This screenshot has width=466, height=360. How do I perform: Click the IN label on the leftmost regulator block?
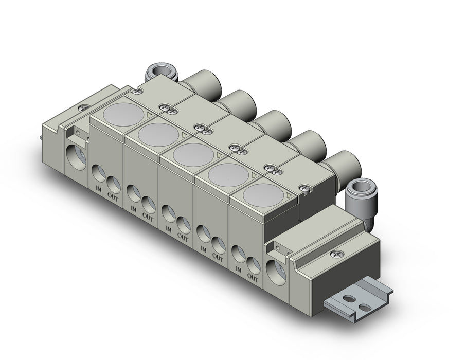(x=99, y=188)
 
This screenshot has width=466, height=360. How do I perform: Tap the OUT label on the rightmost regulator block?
(x=253, y=278)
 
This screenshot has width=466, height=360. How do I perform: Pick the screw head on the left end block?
(x=84, y=109)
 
